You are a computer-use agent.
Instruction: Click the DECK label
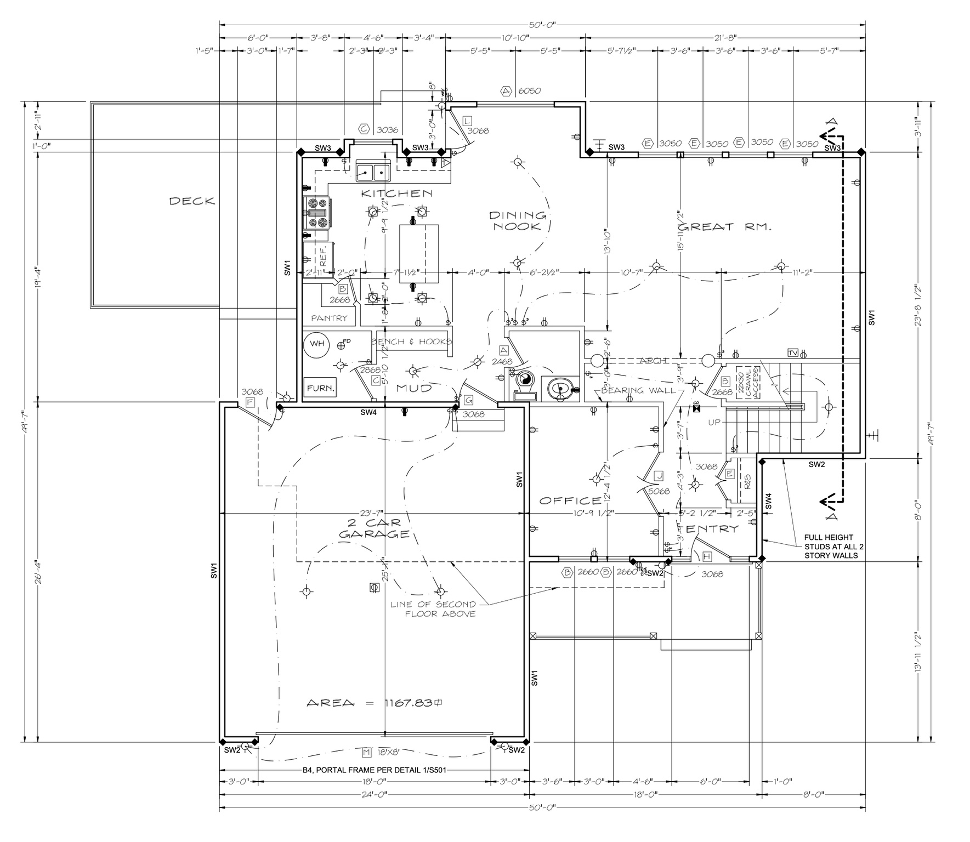pos(192,201)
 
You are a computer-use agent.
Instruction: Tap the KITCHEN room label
pos(396,194)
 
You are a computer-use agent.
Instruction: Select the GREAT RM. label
pos(724,226)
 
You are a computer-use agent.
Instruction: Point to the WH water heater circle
pos(317,344)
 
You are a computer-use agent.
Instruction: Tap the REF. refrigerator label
pos(323,255)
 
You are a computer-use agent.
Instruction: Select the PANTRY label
pos(329,318)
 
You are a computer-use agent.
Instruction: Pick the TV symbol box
pos(792,352)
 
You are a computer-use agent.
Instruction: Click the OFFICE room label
pos(570,500)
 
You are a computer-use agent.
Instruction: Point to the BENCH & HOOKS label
pos(411,342)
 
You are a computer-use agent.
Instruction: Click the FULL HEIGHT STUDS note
pos(831,547)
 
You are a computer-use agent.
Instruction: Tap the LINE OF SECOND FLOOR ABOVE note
pos(433,609)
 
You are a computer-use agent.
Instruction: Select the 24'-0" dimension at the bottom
pos(375,794)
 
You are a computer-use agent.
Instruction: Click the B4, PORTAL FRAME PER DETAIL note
pos(375,770)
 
